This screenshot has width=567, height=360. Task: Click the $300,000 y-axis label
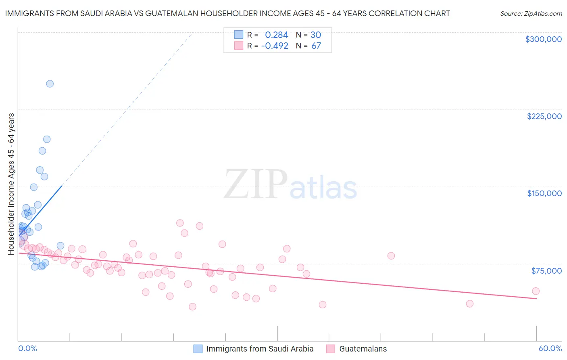543,39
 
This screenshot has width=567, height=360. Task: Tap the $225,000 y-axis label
544,116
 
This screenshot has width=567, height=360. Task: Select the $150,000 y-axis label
544,193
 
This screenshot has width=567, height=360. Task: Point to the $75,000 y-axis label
546,271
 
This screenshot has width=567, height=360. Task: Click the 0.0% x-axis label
27,348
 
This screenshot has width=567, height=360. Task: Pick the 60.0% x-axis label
550,348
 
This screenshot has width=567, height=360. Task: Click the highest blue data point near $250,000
50,84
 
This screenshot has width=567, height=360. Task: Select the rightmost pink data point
536,291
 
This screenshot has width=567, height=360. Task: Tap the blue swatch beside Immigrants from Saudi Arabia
198,349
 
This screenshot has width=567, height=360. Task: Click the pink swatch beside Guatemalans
331,349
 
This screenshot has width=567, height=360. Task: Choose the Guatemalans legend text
363,349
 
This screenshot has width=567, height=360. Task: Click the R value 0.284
276,35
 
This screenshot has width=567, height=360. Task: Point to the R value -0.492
275,46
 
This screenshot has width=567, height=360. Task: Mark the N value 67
316,46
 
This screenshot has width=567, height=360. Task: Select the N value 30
316,35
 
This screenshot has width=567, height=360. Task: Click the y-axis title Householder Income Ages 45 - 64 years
11,184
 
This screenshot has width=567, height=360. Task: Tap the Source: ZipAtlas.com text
531,14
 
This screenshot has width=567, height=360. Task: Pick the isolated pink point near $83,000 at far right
391,256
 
